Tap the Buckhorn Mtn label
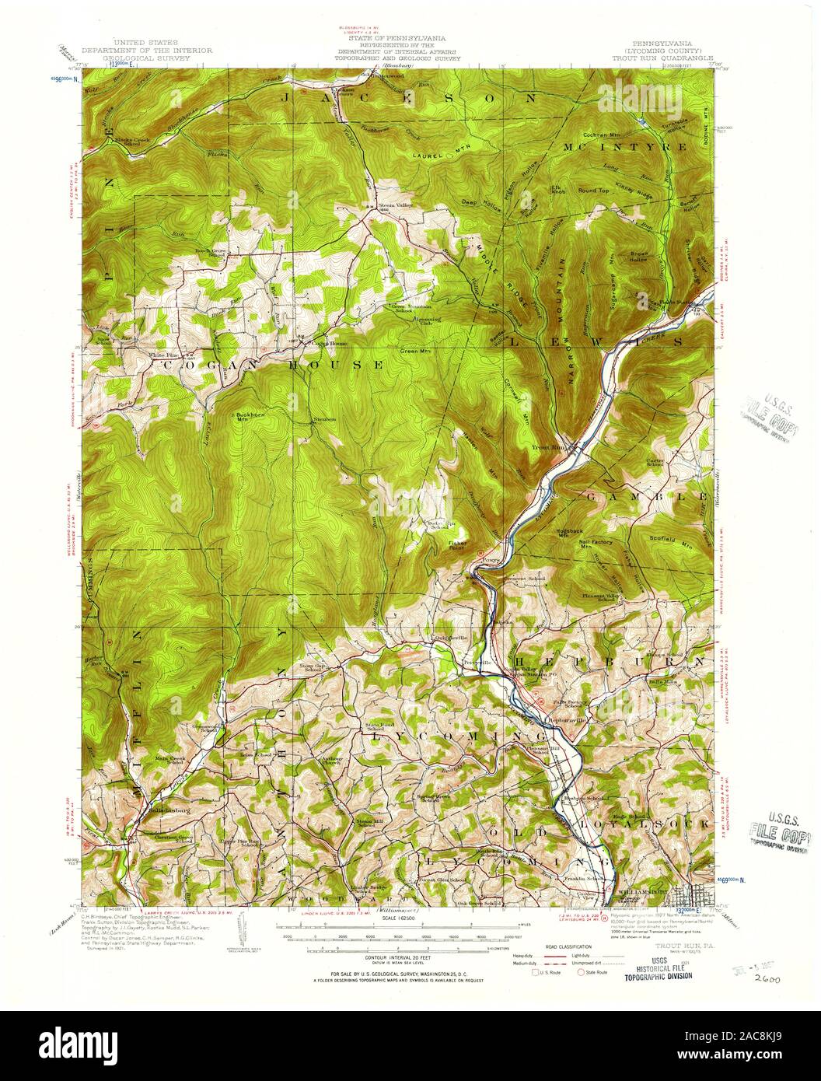click(x=251, y=416)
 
